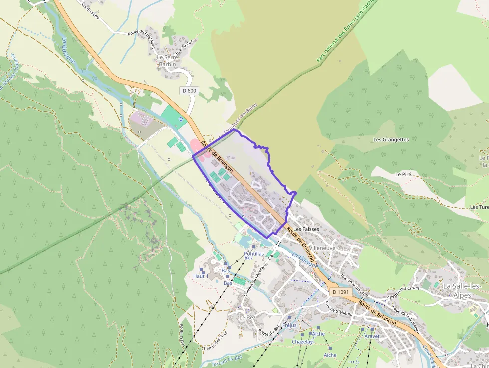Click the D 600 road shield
189,91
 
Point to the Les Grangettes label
391,140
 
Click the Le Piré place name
403,174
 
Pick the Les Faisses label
306,229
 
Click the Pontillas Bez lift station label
254,256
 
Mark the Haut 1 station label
200,276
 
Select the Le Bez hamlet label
247,317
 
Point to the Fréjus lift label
289,325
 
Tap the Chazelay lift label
303,342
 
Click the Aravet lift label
372,336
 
